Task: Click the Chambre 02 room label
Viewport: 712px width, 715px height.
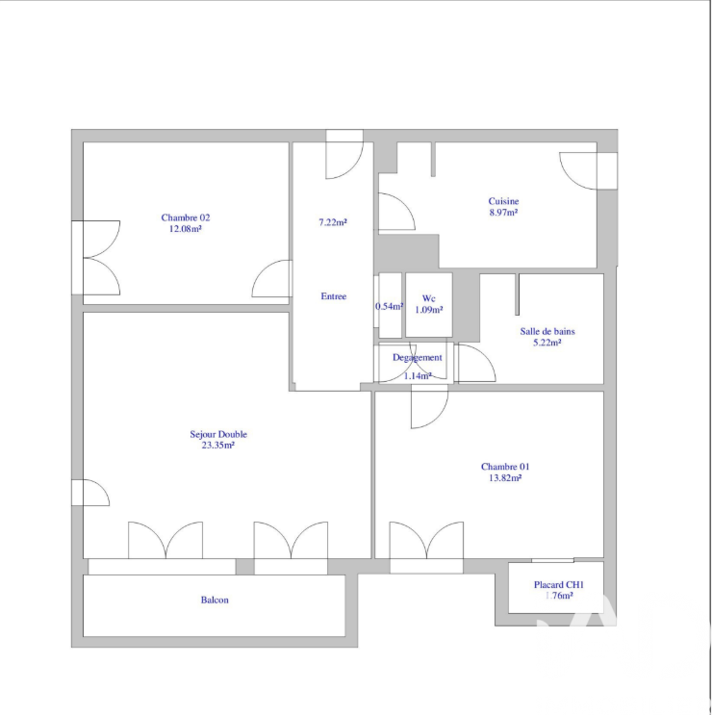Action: pos(186,218)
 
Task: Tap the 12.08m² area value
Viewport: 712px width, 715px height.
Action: pos(186,229)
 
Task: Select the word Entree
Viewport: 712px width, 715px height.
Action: pos(334,296)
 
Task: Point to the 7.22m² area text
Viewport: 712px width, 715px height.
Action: pos(333,222)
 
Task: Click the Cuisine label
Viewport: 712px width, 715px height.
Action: pos(503,201)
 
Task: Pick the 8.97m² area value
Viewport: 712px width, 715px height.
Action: pos(503,213)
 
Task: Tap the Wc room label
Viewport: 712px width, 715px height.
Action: pos(428,298)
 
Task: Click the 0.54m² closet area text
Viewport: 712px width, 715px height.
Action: pos(390,306)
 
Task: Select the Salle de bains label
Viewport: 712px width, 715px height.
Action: pos(547,331)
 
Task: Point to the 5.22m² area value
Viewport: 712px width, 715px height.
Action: pos(547,343)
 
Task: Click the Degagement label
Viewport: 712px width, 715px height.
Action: pos(417,358)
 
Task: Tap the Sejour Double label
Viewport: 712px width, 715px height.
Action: pos(218,435)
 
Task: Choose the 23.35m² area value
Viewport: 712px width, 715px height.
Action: pos(218,446)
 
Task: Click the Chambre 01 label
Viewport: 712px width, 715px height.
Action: pos(505,467)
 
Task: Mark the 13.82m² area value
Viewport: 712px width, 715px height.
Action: pos(505,478)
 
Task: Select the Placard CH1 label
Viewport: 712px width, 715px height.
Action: pos(559,585)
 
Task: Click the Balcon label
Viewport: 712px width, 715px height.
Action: pos(215,600)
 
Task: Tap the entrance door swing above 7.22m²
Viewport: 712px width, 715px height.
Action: pos(344,154)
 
